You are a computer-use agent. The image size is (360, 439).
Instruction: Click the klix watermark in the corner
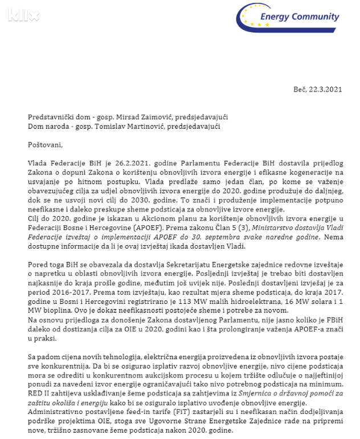click(x=23, y=14)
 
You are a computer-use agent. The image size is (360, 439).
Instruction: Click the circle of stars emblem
click(x=255, y=17)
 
